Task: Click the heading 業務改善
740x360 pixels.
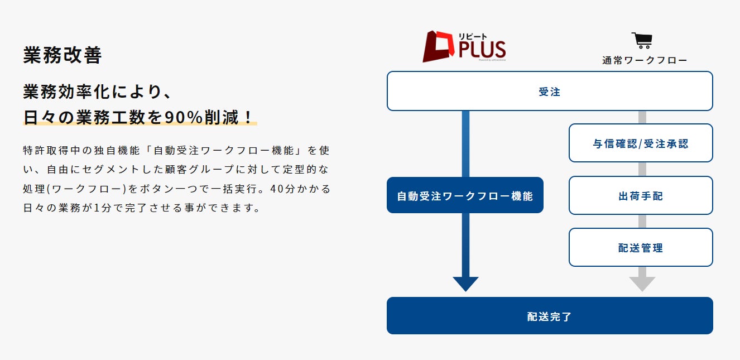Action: tap(63, 56)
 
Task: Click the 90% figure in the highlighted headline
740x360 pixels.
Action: tap(185, 117)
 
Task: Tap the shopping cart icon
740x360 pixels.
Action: tap(642, 41)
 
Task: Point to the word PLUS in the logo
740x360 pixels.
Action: tap(482, 50)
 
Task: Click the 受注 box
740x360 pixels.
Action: tap(550, 92)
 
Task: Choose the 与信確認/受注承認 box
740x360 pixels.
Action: tap(641, 143)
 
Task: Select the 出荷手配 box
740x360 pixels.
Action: tap(641, 196)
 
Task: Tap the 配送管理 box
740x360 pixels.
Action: tap(641, 248)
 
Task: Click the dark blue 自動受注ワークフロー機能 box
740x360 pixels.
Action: tap(465, 196)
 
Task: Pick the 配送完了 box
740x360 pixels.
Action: tap(550, 316)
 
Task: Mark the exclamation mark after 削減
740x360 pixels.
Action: tap(247, 117)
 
